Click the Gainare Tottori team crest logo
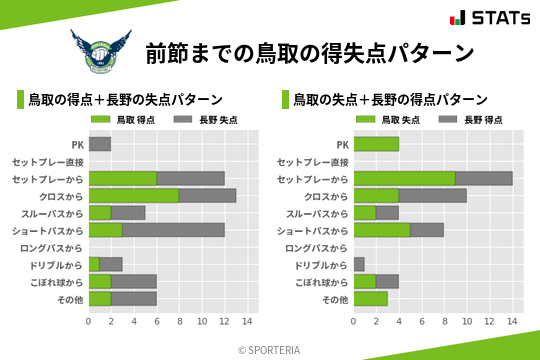(x=100, y=51)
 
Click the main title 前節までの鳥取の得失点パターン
(x=309, y=52)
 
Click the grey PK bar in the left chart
(x=99, y=144)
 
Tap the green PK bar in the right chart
(x=376, y=144)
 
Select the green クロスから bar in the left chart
(x=134, y=195)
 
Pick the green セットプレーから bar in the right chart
(x=404, y=178)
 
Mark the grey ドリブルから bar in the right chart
(x=359, y=264)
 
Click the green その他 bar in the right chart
(x=370, y=298)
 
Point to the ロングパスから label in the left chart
(x=52, y=247)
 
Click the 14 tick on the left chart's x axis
(x=248, y=321)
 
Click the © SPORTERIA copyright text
(x=270, y=349)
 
